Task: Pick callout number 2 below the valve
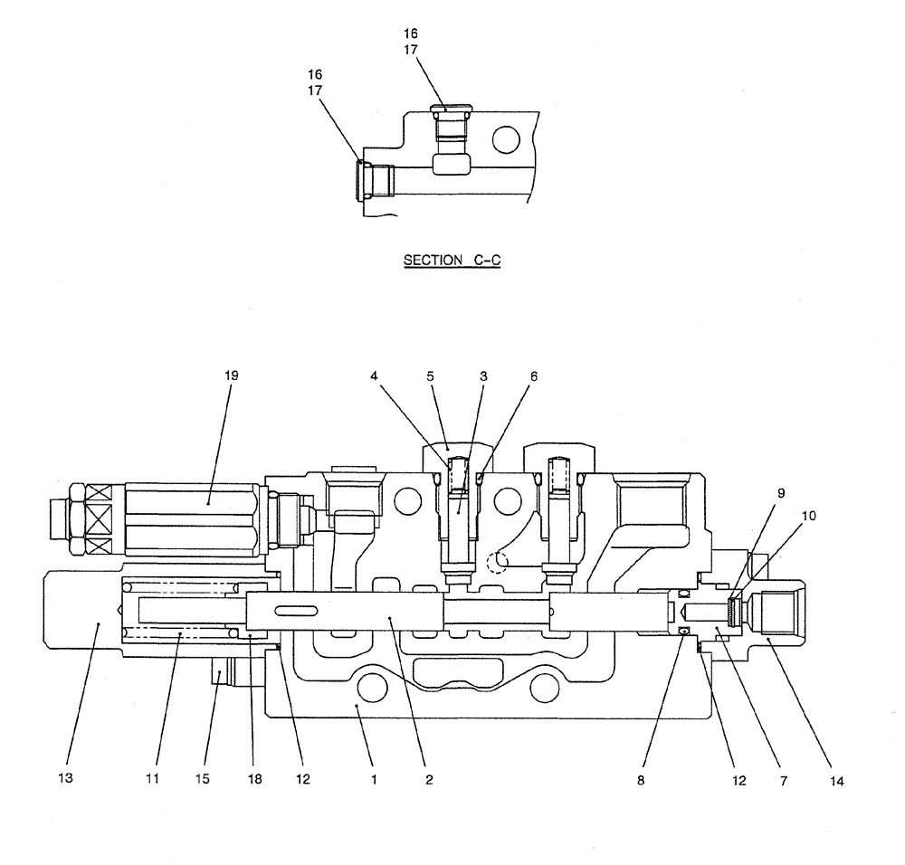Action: point(429,778)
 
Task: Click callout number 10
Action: point(809,515)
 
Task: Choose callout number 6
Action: point(533,374)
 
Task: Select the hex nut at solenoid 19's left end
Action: point(75,518)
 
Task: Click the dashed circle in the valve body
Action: point(495,562)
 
